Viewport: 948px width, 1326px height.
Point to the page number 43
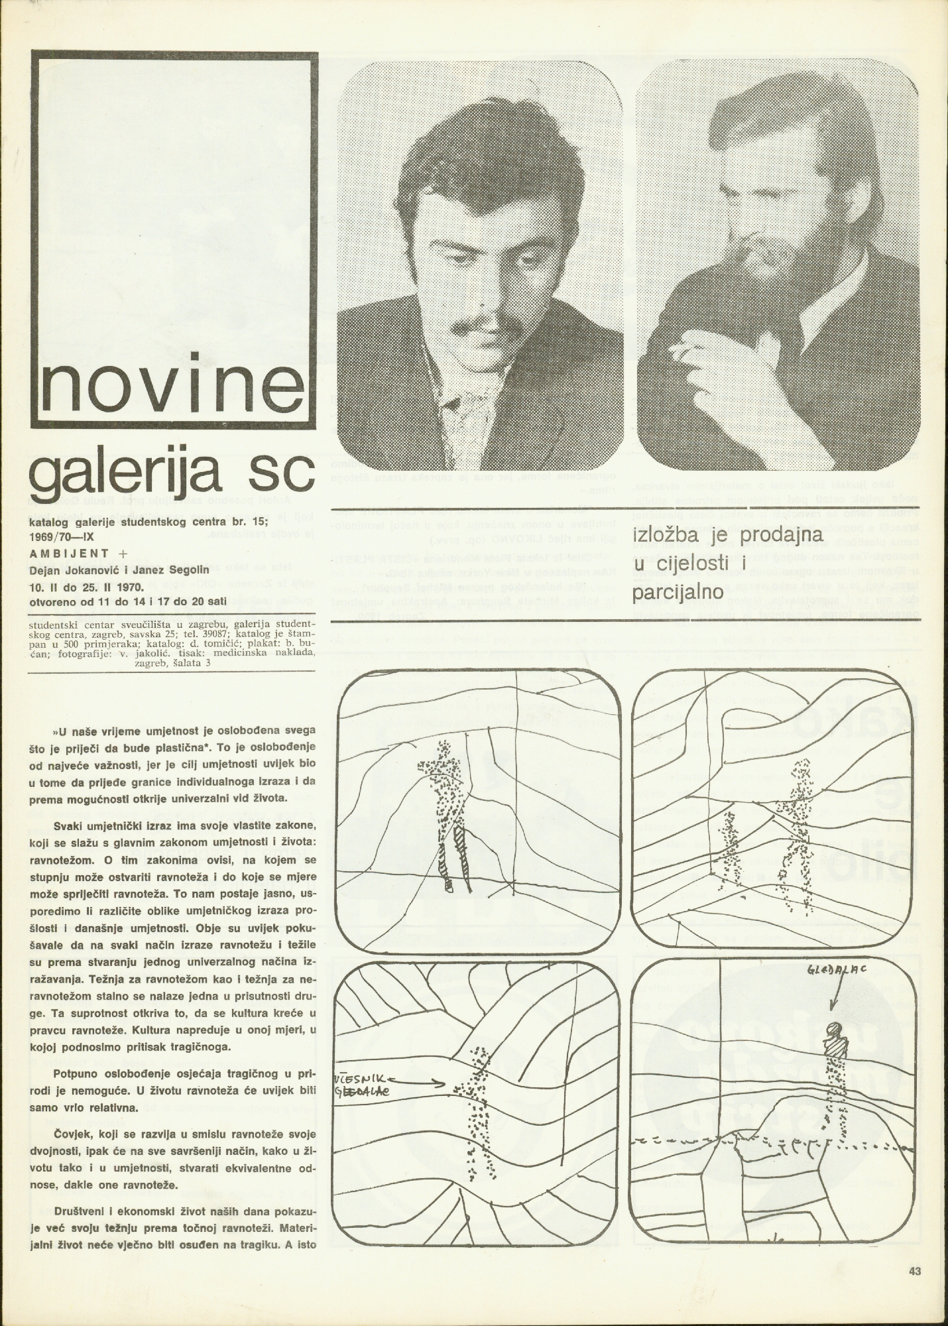(x=916, y=1271)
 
